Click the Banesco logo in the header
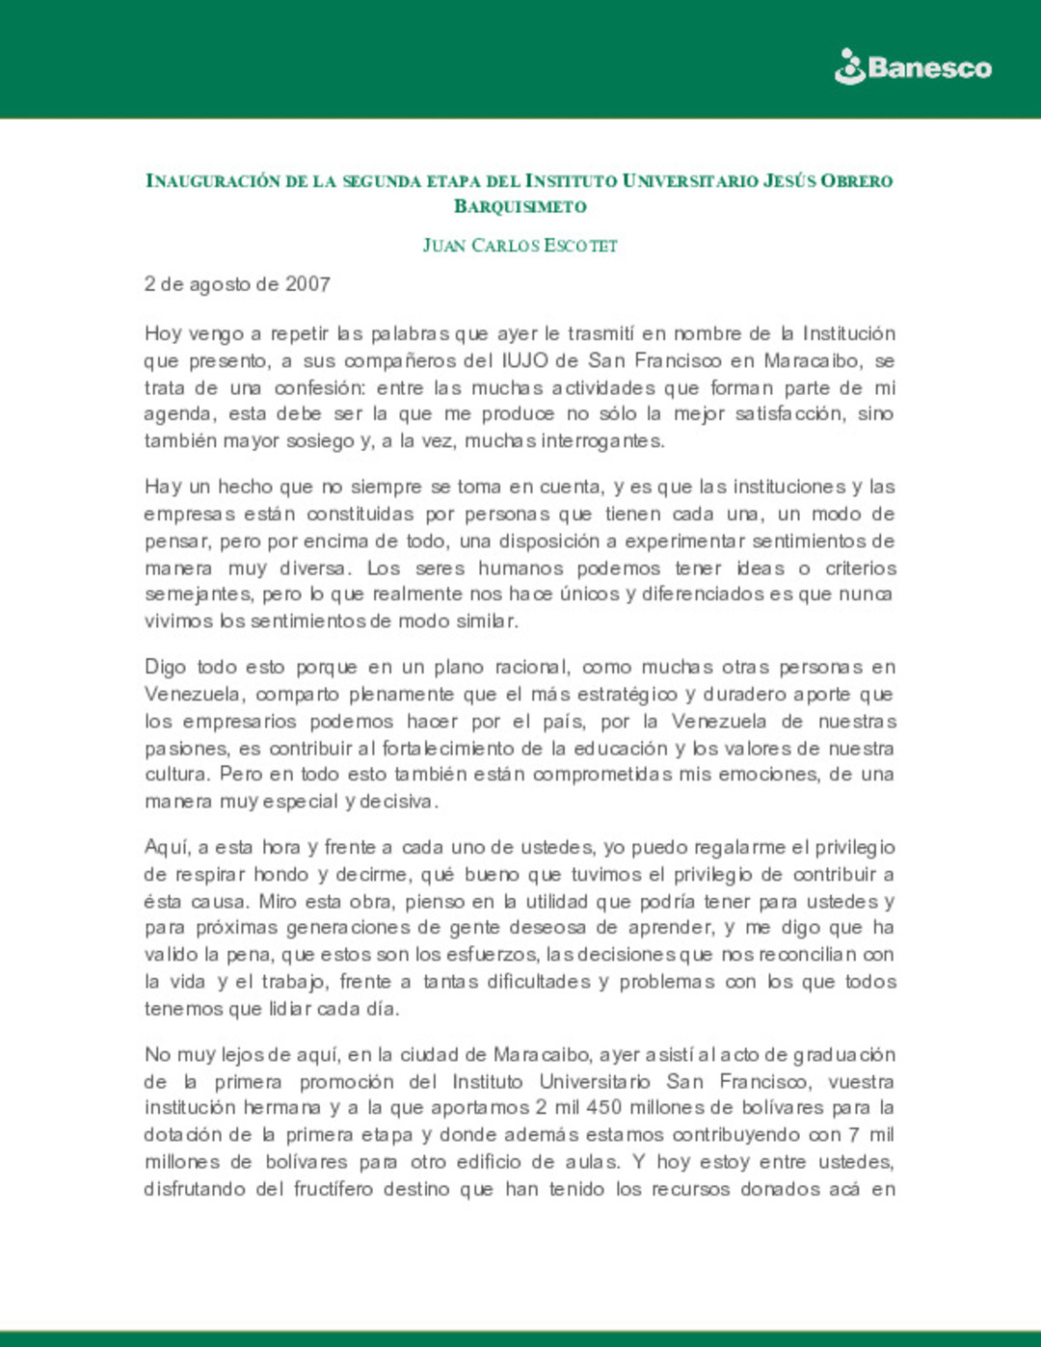pyautogui.click(x=912, y=67)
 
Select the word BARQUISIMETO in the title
pyautogui.click(x=520, y=206)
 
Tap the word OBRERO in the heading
pyautogui.click(x=857, y=180)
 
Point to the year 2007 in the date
pyautogui.click(x=307, y=284)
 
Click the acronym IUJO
pyautogui.click(x=525, y=360)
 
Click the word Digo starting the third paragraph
pyautogui.click(x=166, y=667)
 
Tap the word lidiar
pyautogui.click(x=282, y=1009)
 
